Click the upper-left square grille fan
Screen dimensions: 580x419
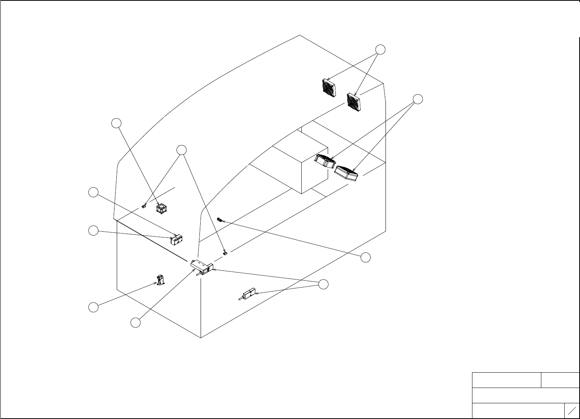(x=328, y=88)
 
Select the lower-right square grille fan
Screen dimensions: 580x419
(x=354, y=101)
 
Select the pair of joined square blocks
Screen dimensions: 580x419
(x=176, y=240)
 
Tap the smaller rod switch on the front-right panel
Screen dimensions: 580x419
(x=247, y=294)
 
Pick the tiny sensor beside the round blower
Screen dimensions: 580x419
(x=144, y=207)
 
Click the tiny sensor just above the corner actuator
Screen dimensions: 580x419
(x=225, y=253)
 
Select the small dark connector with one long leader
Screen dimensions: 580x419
(x=219, y=220)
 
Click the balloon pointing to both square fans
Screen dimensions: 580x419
(x=380, y=49)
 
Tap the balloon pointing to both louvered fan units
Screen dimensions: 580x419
(x=418, y=99)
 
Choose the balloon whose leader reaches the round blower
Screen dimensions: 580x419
(x=116, y=123)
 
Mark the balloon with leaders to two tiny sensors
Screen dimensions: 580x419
(x=181, y=150)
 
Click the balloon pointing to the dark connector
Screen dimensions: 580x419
(x=366, y=257)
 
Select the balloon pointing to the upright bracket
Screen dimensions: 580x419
(x=93, y=307)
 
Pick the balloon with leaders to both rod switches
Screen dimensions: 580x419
(x=323, y=284)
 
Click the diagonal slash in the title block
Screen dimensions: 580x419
(x=572, y=411)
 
